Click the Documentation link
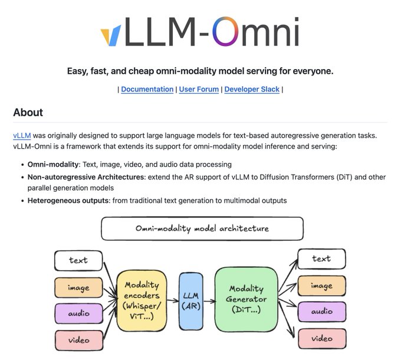[x=147, y=89]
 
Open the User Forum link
[x=198, y=89]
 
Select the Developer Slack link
[x=252, y=89]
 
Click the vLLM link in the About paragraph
[x=21, y=136]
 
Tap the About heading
[x=28, y=112]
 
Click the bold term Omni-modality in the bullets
[x=53, y=165]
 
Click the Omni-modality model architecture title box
[x=202, y=228]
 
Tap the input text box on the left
[x=78, y=260]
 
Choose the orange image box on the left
[x=78, y=287]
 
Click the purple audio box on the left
[x=78, y=313]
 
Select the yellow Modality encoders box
[x=142, y=301]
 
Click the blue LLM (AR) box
[x=190, y=301]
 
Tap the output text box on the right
[x=321, y=258]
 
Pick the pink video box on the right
[x=321, y=338]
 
